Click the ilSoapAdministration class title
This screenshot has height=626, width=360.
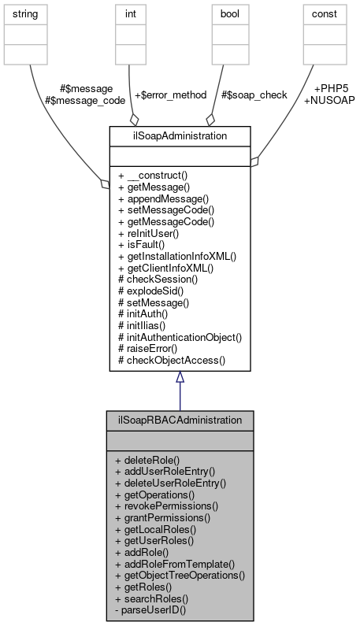click(180, 136)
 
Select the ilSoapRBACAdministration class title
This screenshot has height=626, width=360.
click(180, 420)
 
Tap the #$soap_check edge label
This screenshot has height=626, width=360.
click(254, 94)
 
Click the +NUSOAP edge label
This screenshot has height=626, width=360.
click(328, 101)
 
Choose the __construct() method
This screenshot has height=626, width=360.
click(156, 174)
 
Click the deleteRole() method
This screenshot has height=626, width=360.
click(147, 459)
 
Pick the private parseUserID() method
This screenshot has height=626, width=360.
click(152, 610)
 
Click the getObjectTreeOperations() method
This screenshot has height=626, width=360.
click(180, 576)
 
